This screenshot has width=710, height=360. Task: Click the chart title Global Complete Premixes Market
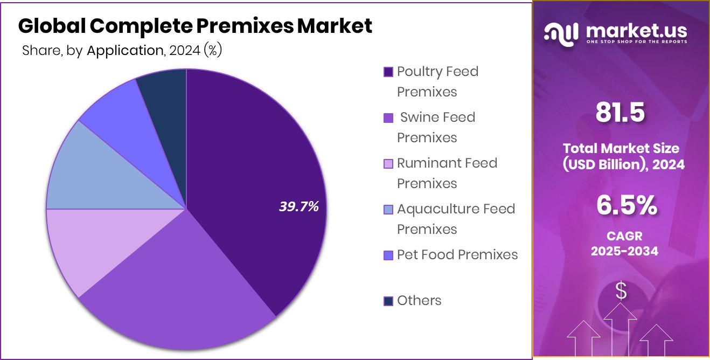[195, 26]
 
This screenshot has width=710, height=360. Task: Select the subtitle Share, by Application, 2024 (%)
[122, 51]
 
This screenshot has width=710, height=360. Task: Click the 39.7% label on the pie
[299, 206]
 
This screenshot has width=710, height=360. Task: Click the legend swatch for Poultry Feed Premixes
[388, 72]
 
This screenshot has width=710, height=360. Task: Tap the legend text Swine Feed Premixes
[436, 127]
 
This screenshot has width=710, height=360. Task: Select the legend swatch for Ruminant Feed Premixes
[388, 164]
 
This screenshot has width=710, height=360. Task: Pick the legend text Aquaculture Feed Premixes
[456, 219]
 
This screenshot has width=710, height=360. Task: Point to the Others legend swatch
[388, 301]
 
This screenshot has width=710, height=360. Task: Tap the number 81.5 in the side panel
[620, 113]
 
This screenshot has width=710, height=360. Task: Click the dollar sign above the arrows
[621, 292]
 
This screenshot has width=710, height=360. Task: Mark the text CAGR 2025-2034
[624, 244]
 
